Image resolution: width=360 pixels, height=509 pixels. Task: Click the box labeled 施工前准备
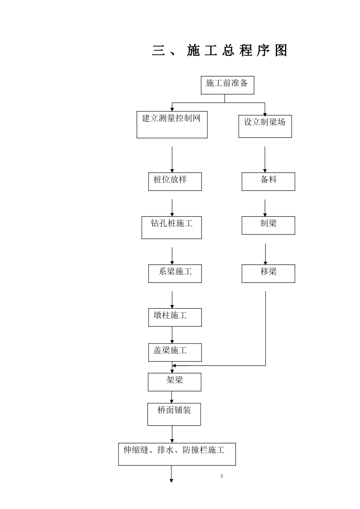[227, 85]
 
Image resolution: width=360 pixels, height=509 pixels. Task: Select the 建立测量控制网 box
[172, 125]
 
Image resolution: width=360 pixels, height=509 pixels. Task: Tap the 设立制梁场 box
[265, 126]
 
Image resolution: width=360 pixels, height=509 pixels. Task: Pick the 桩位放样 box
[175, 181]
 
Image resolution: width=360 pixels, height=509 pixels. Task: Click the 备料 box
[268, 181]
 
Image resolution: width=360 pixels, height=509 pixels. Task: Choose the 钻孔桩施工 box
[171, 228]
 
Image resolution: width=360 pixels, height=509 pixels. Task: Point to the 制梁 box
[268, 225]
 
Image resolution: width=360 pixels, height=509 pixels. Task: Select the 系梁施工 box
[175, 273]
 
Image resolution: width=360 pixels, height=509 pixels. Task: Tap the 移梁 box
[268, 273]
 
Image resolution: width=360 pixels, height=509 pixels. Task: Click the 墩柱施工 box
[175, 317]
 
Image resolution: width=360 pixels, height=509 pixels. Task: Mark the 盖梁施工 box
[175, 352]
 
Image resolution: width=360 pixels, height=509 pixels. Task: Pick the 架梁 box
[174, 382]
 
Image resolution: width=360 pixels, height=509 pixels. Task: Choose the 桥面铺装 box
[174, 414]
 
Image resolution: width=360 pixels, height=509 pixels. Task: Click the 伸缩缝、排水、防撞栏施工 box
[177, 454]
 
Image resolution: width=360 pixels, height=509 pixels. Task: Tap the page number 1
[222, 476]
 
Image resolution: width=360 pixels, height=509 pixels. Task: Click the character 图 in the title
[281, 51]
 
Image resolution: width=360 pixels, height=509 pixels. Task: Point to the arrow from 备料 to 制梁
[265, 208]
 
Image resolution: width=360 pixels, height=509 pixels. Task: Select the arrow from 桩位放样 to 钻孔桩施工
[172, 208]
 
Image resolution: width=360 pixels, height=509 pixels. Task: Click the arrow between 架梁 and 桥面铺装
[172, 397]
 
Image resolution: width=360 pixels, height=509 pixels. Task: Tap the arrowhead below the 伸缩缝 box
[171, 481]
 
